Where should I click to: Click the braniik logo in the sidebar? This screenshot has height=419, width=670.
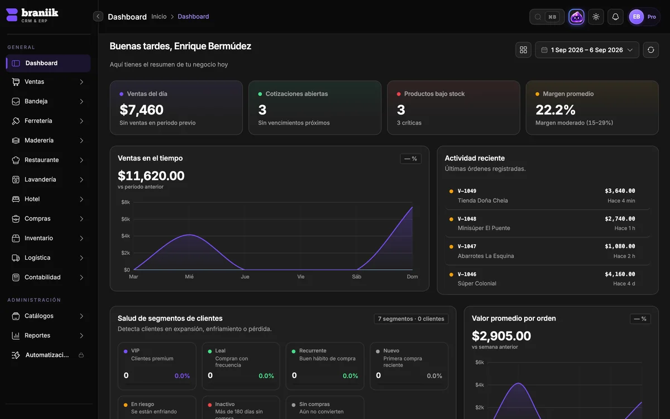click(x=32, y=15)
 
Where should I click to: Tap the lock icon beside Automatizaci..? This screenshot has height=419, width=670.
click(x=81, y=355)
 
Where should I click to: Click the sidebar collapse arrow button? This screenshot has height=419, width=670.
click(x=98, y=16)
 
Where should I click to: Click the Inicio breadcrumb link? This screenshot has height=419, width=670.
click(x=159, y=16)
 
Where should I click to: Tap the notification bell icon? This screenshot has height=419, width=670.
click(x=615, y=17)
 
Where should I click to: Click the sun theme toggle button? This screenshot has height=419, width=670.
click(x=596, y=17)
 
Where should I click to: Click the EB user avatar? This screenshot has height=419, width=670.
click(x=636, y=17)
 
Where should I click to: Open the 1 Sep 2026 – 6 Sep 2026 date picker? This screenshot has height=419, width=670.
click(x=587, y=50)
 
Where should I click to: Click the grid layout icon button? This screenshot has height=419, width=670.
click(x=524, y=50)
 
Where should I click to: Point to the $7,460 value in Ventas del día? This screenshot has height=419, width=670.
click(x=141, y=110)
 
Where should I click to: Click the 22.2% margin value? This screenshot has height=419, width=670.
click(x=556, y=110)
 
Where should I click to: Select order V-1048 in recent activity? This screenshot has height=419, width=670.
click(x=467, y=219)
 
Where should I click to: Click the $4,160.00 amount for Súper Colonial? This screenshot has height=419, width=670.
click(x=620, y=274)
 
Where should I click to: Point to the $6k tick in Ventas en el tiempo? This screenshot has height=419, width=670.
click(x=126, y=219)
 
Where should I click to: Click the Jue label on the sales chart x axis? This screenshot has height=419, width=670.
click(x=245, y=277)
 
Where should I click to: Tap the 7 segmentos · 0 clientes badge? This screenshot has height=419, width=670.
click(x=411, y=319)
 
